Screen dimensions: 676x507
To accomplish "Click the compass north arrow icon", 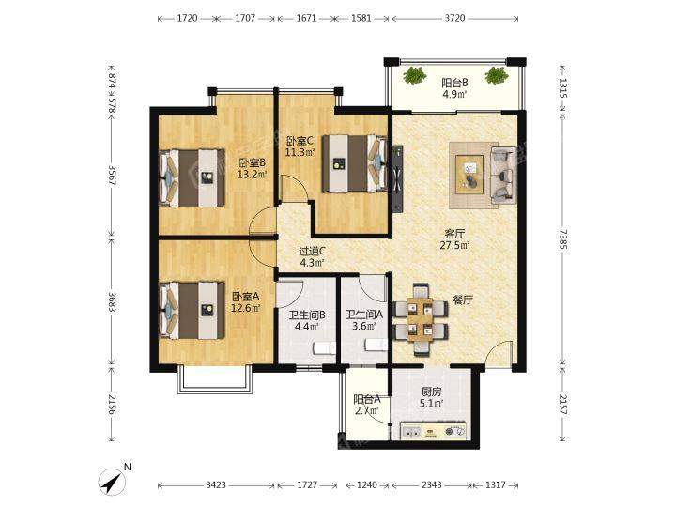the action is (112, 482).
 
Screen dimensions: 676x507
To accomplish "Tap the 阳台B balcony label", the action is (454, 83).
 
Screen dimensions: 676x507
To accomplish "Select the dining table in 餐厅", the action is (421, 319).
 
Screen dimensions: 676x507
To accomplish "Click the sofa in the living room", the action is (503, 175).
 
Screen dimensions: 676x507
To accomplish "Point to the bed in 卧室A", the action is (192, 311).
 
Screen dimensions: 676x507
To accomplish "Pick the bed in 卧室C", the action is (355, 163).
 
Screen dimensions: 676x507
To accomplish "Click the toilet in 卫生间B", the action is (324, 348).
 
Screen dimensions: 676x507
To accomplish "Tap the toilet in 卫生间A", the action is (376, 345).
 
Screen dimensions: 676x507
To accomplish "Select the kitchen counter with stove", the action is (433, 431).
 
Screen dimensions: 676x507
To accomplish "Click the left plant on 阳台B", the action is (415, 76).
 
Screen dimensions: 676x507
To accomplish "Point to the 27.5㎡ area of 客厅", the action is (454, 245).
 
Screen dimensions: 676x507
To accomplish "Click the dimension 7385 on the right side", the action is (562, 239).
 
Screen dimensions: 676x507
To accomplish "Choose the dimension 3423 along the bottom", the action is (216, 485).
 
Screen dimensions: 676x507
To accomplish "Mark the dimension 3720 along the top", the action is (454, 18).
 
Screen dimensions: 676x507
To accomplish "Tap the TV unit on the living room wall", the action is (397, 178).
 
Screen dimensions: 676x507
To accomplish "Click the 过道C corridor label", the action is (312, 251).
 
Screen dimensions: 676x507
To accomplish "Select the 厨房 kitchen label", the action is (432, 392).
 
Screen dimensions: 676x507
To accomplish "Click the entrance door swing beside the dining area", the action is (499, 354).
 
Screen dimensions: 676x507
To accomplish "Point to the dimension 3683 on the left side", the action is (112, 302).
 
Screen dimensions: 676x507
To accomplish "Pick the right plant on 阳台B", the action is (497, 76).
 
